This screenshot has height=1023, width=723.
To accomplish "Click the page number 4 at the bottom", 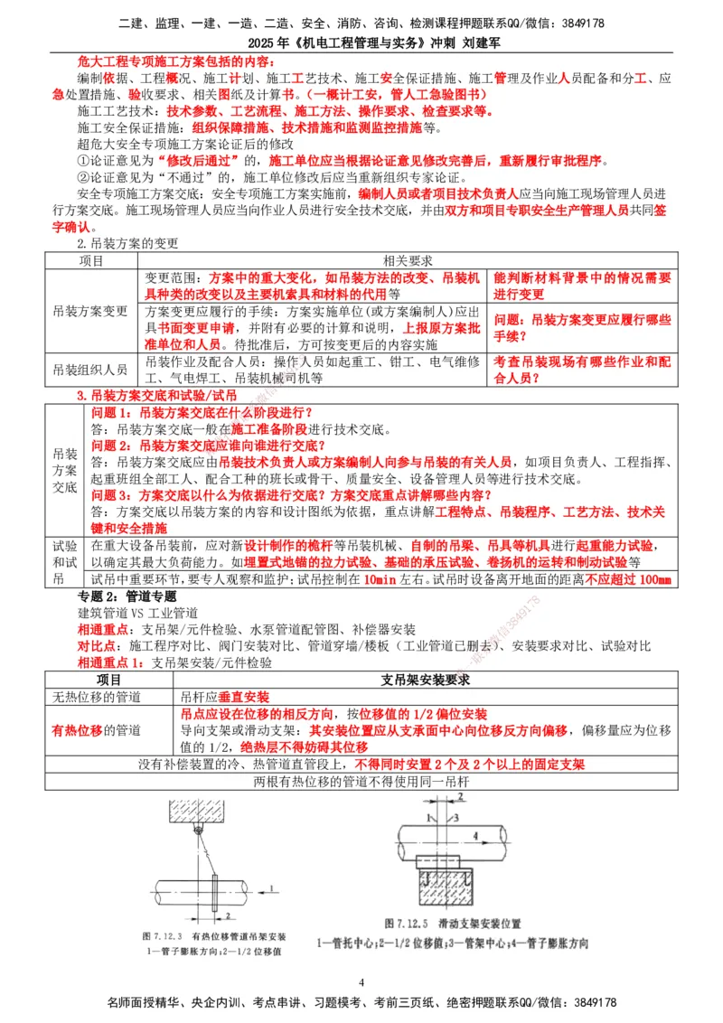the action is pyautogui.click(x=361, y=982).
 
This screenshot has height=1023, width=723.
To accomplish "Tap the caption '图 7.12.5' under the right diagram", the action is pyautogui.click(x=404, y=924).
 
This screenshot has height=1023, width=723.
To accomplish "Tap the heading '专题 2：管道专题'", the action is pyautogui.click(x=127, y=597).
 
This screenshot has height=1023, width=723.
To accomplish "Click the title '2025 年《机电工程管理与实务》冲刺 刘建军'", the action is pyautogui.click(x=361, y=42).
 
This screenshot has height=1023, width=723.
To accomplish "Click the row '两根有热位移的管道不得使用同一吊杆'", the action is pyautogui.click(x=361, y=782).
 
